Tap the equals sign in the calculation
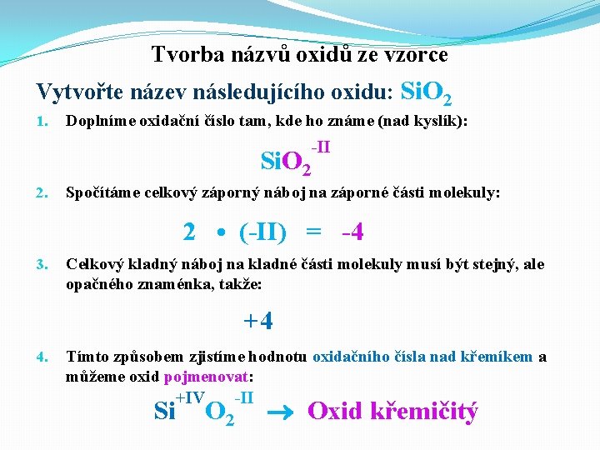313,232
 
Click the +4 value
258,320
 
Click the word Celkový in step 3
93,265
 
